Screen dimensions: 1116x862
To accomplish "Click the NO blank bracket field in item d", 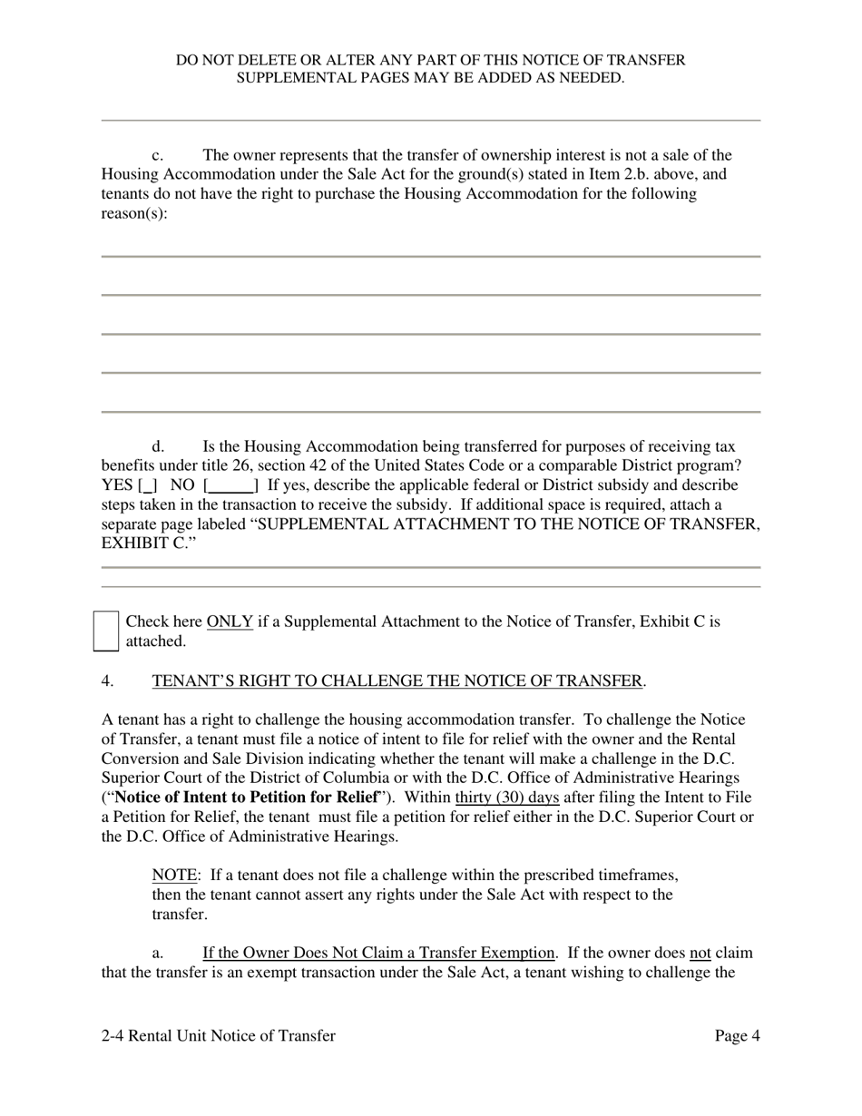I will pos(231,485).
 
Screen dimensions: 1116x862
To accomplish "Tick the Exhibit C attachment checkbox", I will pos(106,631).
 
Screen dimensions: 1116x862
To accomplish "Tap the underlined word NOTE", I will pos(174,876).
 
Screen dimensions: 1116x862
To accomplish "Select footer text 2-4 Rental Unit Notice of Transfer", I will pos(219,1036).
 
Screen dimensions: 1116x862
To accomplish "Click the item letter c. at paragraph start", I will pos(157,156).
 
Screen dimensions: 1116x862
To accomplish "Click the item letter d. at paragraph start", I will pos(158,446).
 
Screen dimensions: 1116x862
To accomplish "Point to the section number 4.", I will pos(107,681).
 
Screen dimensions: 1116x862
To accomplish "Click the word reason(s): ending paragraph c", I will pos(134,214).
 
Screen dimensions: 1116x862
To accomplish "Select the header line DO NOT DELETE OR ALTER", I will pos(430,60).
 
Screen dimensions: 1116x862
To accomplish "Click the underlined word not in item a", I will pos(700,954).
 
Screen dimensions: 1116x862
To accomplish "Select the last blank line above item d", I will pos(430,411).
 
